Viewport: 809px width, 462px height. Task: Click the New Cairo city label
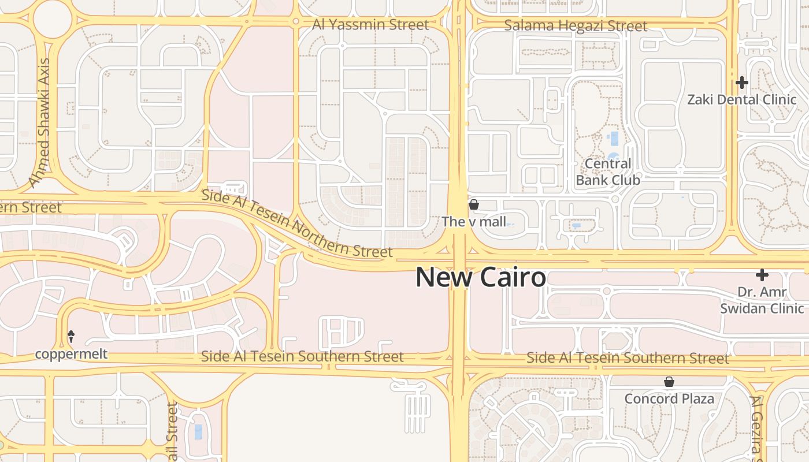(481, 278)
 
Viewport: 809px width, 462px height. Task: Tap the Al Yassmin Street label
(370, 25)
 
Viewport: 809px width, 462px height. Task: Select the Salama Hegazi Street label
(576, 26)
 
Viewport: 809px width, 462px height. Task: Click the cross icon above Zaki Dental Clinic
(742, 83)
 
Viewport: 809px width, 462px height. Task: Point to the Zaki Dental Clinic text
(742, 99)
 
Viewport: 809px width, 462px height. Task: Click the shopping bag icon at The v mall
(474, 204)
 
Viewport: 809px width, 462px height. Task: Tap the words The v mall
(474, 221)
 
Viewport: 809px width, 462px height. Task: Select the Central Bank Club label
(608, 172)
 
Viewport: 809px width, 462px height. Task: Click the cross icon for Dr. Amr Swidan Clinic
(762, 275)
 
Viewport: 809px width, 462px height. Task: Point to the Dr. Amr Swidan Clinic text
(762, 300)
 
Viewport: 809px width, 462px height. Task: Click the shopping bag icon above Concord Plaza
(669, 382)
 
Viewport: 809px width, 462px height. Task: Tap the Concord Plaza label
(669, 398)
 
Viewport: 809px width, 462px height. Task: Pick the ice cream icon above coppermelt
(72, 336)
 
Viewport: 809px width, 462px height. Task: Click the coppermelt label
(72, 353)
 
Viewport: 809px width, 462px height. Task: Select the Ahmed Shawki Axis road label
(40, 122)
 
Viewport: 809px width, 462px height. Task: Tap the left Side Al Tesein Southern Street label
(302, 356)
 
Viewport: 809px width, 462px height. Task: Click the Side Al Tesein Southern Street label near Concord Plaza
(628, 358)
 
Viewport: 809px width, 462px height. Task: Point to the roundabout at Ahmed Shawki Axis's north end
(53, 19)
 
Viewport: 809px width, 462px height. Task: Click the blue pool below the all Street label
(199, 431)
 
